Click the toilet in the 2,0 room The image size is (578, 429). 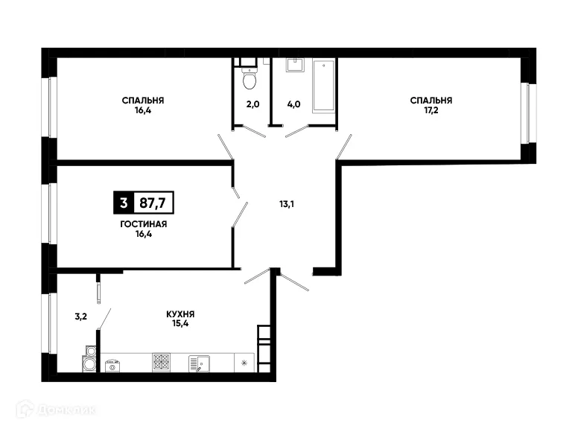[x=249, y=78]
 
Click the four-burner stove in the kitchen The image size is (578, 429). [x=162, y=363]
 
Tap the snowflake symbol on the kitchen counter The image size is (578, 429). [x=243, y=363]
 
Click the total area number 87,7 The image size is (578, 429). [x=154, y=202]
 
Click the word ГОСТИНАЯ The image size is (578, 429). [x=142, y=223]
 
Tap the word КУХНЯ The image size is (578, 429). [x=181, y=314]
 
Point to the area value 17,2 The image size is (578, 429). [x=431, y=110]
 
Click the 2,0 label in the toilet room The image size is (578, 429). [x=252, y=104]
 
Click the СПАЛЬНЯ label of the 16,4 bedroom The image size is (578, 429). [x=144, y=100]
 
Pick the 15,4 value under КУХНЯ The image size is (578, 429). [x=181, y=325]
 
